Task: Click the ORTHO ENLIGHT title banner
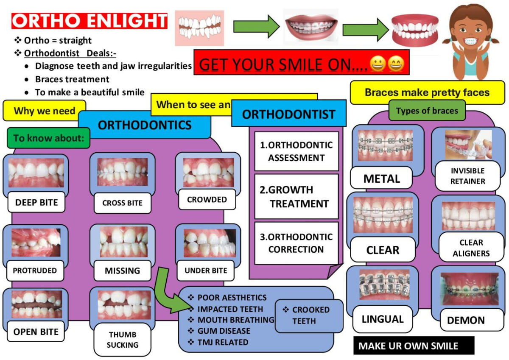pos(89,21)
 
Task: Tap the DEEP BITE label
pos(36,202)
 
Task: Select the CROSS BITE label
pos(122,203)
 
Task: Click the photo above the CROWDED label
pos(208,173)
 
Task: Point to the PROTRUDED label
pos(35,271)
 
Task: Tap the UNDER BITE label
pos(206,271)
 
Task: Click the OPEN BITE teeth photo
pos(36,304)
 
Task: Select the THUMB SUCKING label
pos(122,340)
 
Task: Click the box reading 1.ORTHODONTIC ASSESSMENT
pos(296,151)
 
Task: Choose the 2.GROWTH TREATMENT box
pos(296,197)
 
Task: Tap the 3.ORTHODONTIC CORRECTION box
pos(296,243)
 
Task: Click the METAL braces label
pos(382,179)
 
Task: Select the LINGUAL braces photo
pos(384,285)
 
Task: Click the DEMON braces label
pos(466,321)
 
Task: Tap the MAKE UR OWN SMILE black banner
pos(414,346)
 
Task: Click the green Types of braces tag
pos(427,111)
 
